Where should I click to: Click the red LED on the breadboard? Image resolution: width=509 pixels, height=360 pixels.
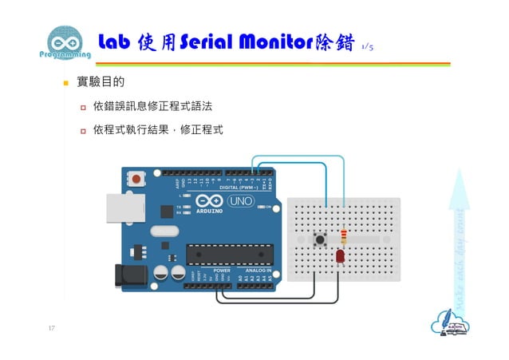[x=339, y=256]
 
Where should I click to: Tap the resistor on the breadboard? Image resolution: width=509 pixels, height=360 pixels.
[x=344, y=237]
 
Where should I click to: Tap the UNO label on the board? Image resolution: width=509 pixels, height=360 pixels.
[x=241, y=201]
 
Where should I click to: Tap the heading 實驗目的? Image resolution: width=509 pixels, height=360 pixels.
[x=99, y=82]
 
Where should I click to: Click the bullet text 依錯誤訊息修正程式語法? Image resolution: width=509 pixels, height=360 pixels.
[x=152, y=106]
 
